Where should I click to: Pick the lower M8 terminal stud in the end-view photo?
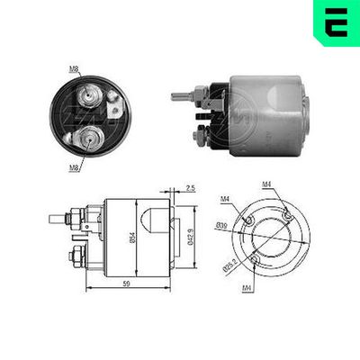90,139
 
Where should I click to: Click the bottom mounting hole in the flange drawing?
254,261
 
